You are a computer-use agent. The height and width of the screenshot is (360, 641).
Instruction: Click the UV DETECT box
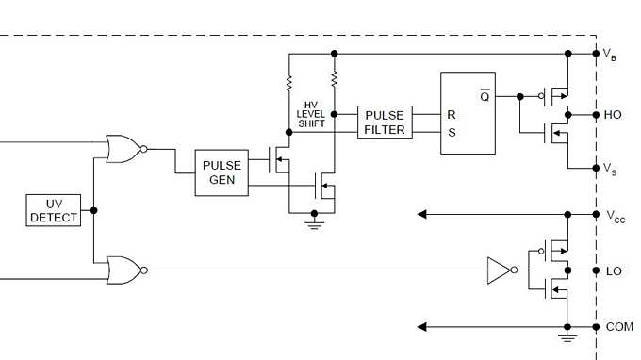point(54,210)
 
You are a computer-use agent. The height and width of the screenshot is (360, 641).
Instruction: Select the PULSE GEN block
point(222,172)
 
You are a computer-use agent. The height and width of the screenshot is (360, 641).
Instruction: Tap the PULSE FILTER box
point(385,123)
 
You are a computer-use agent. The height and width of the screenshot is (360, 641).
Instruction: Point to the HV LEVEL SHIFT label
point(311,114)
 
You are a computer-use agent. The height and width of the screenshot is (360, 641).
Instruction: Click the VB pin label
point(610,55)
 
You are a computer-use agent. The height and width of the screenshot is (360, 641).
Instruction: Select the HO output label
point(612,115)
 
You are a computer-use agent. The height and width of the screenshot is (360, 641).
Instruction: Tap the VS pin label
point(610,170)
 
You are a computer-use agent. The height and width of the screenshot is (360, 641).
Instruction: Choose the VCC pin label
point(614,216)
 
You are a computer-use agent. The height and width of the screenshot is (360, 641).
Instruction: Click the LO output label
point(613,271)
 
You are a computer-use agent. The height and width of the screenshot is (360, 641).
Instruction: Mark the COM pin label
point(618,327)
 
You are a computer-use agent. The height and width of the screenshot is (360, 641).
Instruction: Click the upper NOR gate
point(123,148)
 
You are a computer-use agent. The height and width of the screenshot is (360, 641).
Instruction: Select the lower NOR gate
point(123,270)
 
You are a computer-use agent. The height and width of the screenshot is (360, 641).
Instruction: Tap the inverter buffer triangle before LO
point(499,270)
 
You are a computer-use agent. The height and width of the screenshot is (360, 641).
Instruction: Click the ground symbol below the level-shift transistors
point(314,223)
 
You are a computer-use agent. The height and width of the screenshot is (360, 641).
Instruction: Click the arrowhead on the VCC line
point(424,215)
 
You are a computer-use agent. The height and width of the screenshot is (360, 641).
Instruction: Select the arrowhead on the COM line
point(424,327)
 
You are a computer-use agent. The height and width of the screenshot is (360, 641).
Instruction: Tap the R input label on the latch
point(452,114)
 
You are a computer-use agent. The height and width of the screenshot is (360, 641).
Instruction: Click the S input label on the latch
point(452,133)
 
